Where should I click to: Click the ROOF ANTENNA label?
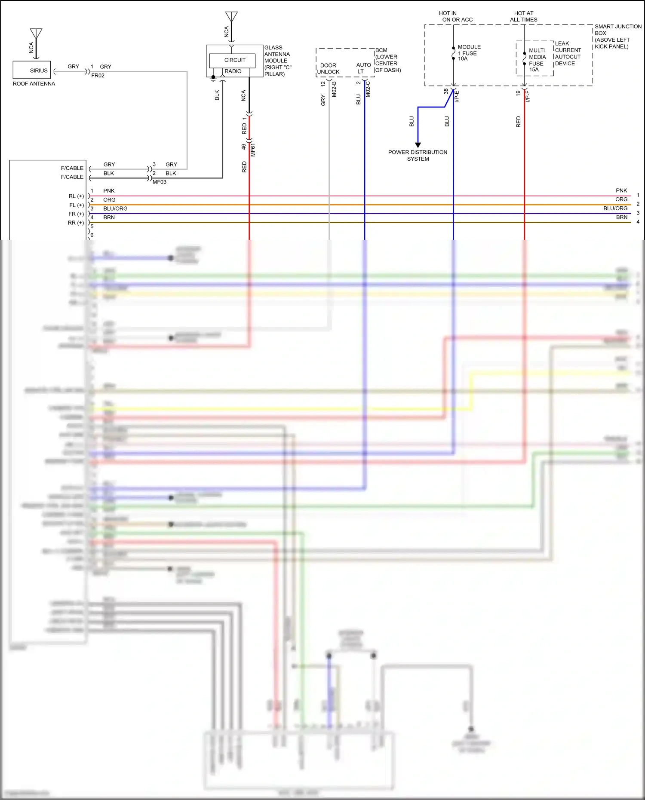(34, 84)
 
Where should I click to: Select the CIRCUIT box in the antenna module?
(232, 60)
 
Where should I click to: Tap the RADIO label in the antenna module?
(233, 71)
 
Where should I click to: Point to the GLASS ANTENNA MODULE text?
(277, 61)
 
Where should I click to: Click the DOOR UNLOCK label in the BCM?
(328, 69)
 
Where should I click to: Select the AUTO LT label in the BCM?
(363, 68)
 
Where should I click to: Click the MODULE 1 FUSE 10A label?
(469, 53)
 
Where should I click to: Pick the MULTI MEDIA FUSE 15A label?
(537, 60)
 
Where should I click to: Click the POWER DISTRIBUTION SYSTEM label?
(418, 156)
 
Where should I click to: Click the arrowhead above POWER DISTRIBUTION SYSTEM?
(418, 145)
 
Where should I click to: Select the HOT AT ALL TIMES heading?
(523, 16)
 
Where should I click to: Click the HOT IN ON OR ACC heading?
(457, 16)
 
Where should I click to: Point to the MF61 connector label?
(253, 150)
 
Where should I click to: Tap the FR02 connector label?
(98, 76)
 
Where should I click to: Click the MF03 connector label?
(159, 182)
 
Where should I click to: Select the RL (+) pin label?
(76, 196)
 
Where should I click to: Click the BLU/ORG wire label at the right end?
(615, 208)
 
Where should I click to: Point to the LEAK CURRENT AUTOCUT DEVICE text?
(568, 54)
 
